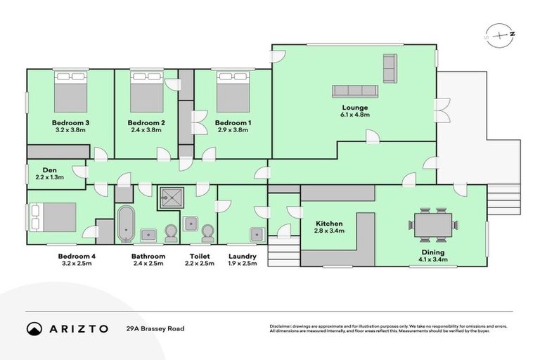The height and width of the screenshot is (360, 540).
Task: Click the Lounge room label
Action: [x=354, y=108]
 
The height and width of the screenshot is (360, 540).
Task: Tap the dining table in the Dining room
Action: [x=433, y=224]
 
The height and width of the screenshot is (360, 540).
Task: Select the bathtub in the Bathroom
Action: [x=126, y=224]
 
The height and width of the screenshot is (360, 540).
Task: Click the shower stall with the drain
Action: [x=171, y=198]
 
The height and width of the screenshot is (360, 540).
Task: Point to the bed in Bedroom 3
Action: [x=70, y=91]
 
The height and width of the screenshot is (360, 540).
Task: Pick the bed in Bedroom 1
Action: [x=233, y=91]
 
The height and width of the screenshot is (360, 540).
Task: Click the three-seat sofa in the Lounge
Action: [x=355, y=91]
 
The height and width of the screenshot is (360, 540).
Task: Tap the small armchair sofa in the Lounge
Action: [x=390, y=68]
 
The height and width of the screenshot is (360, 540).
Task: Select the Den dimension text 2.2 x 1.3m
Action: [x=50, y=177]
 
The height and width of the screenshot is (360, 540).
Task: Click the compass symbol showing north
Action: [x=500, y=36]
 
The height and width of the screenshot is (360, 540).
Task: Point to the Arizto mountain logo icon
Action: [x=34, y=329]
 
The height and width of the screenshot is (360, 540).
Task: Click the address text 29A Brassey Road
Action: [x=155, y=328]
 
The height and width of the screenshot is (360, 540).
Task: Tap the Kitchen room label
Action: [x=329, y=224]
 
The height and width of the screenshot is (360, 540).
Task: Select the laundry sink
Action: [x=257, y=234]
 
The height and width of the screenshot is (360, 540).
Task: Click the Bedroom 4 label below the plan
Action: [x=77, y=257]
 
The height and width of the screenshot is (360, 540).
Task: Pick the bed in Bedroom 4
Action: [x=53, y=217]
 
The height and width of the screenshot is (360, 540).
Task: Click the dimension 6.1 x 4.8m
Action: [x=355, y=115]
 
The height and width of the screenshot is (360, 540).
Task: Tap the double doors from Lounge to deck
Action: [x=442, y=110]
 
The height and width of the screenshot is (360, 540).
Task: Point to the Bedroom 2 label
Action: [x=146, y=122]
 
